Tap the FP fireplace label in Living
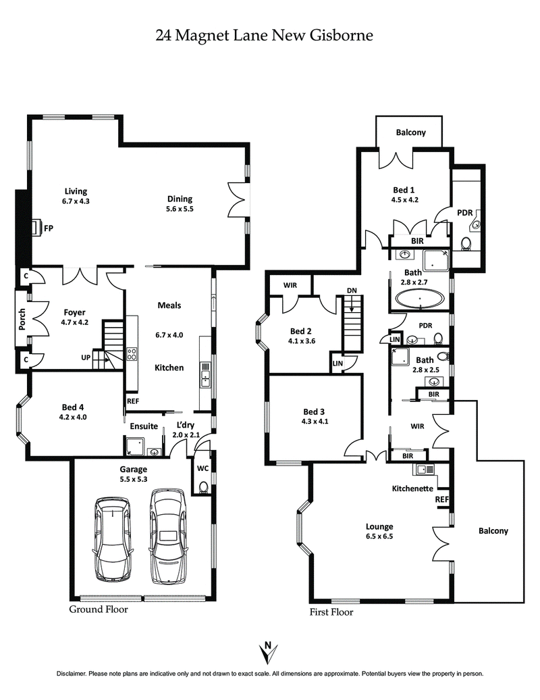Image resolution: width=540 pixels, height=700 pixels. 49,228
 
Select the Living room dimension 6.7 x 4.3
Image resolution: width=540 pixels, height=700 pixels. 76,201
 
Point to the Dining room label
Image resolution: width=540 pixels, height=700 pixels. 180,199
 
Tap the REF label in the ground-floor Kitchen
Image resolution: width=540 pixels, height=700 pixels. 132,401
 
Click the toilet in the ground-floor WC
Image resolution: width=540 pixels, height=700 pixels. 204,486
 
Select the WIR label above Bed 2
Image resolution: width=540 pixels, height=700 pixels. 290,285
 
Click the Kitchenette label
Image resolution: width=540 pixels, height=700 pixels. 413,488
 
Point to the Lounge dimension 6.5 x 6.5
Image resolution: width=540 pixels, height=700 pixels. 379,536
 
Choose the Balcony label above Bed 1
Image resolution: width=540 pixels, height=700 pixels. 410,132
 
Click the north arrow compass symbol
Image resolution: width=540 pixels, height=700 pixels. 269,652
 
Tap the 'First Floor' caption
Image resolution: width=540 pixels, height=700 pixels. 331,612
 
